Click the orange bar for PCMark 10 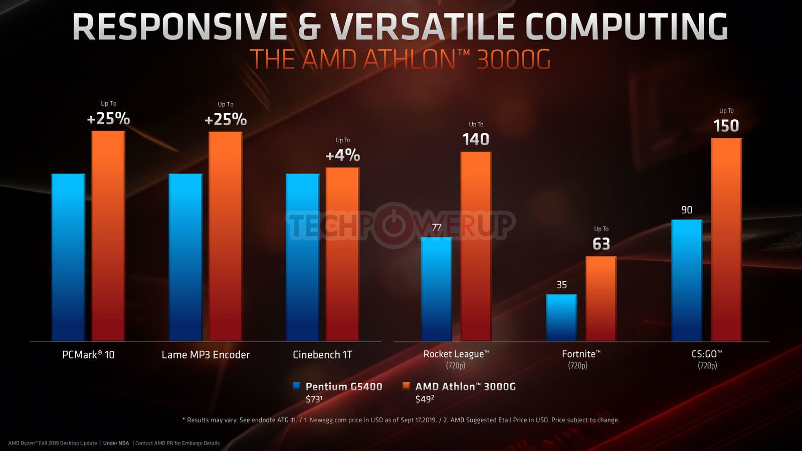(x=108, y=236)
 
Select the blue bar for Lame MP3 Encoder (x=185, y=257)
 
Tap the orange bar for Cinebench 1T (x=343, y=254)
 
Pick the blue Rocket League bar (x=436, y=289)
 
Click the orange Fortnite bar (x=601, y=299)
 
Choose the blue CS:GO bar (x=687, y=280)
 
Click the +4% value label (x=343, y=155)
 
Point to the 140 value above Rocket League (x=476, y=139)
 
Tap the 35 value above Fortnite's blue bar (x=562, y=285)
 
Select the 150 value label (x=726, y=126)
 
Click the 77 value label (x=437, y=228)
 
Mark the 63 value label (x=601, y=244)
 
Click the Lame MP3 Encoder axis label (x=206, y=355)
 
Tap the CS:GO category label (x=707, y=354)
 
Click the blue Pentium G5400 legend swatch (x=296, y=386)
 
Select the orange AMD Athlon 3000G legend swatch (x=406, y=386)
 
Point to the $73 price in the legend (x=314, y=399)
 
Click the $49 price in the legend (x=425, y=399)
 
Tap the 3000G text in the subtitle (x=513, y=59)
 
